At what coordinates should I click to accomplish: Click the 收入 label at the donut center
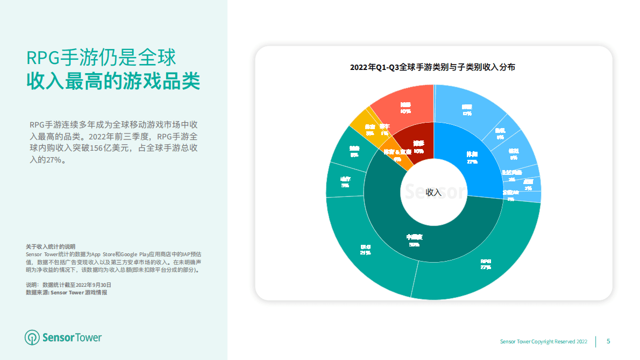coord(433,192)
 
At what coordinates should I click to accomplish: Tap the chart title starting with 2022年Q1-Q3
coord(432,68)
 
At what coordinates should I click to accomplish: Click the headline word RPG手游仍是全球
coord(102,58)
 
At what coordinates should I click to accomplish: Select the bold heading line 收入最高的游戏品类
coord(113,82)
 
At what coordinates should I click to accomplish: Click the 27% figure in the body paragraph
coord(53,160)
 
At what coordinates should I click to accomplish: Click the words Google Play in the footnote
coord(137,254)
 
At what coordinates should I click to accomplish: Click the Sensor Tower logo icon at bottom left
coord(32,337)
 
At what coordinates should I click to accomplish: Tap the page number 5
coord(608,341)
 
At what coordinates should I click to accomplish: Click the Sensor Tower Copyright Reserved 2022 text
coord(544,342)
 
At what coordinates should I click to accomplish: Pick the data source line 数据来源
coord(66,292)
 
